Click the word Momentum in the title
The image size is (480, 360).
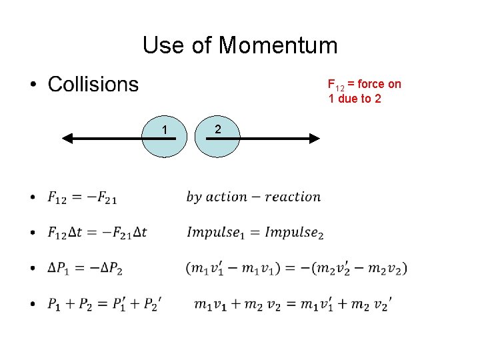point(278,45)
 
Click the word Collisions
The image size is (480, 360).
point(93,85)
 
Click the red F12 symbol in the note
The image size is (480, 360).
point(336,85)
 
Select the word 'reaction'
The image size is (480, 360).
point(293,197)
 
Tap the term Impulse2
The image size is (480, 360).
point(294,232)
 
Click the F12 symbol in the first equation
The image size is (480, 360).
point(57,197)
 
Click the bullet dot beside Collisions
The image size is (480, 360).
point(33,86)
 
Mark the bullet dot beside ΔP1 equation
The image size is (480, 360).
point(33,269)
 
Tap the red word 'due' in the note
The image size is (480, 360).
point(353,99)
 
